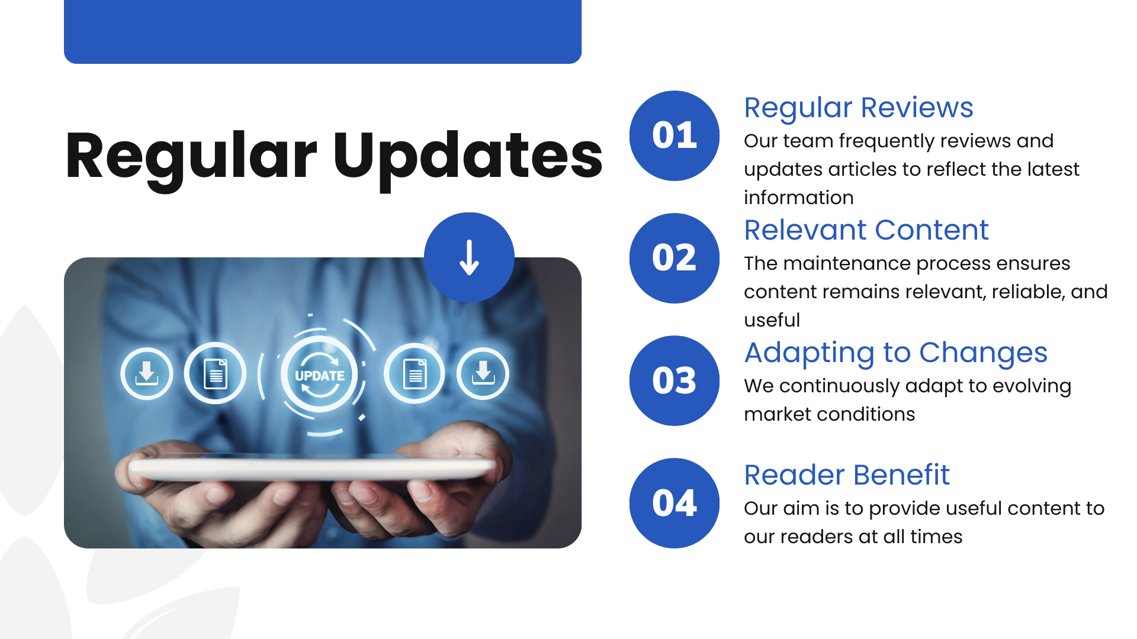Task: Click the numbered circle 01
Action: [674, 135]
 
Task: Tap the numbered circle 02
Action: [674, 258]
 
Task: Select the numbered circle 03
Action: [674, 380]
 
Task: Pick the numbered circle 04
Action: [674, 503]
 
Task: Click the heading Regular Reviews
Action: [858, 108]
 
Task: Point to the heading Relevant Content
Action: [866, 230]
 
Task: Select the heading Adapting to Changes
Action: [895, 353]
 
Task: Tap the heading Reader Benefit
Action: [846, 475]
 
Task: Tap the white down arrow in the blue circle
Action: [469, 258]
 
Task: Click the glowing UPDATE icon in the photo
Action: [320, 375]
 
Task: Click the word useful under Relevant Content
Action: [772, 320]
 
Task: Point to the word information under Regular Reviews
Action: [798, 198]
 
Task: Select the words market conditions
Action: [829, 414]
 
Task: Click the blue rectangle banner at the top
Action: [323, 31]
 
